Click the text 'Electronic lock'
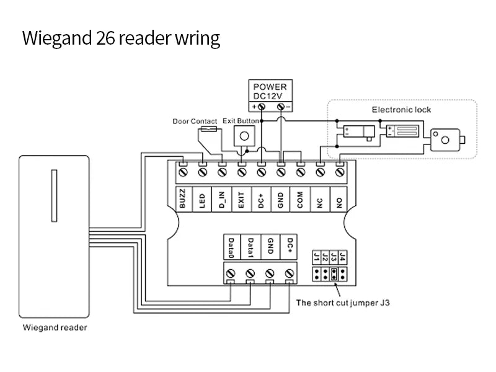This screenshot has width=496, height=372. (401, 110)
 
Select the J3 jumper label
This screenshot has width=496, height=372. (334, 256)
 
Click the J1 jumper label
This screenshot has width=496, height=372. (317, 256)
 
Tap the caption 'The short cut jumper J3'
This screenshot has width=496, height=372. (343, 303)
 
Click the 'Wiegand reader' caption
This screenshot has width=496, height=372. (55, 327)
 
